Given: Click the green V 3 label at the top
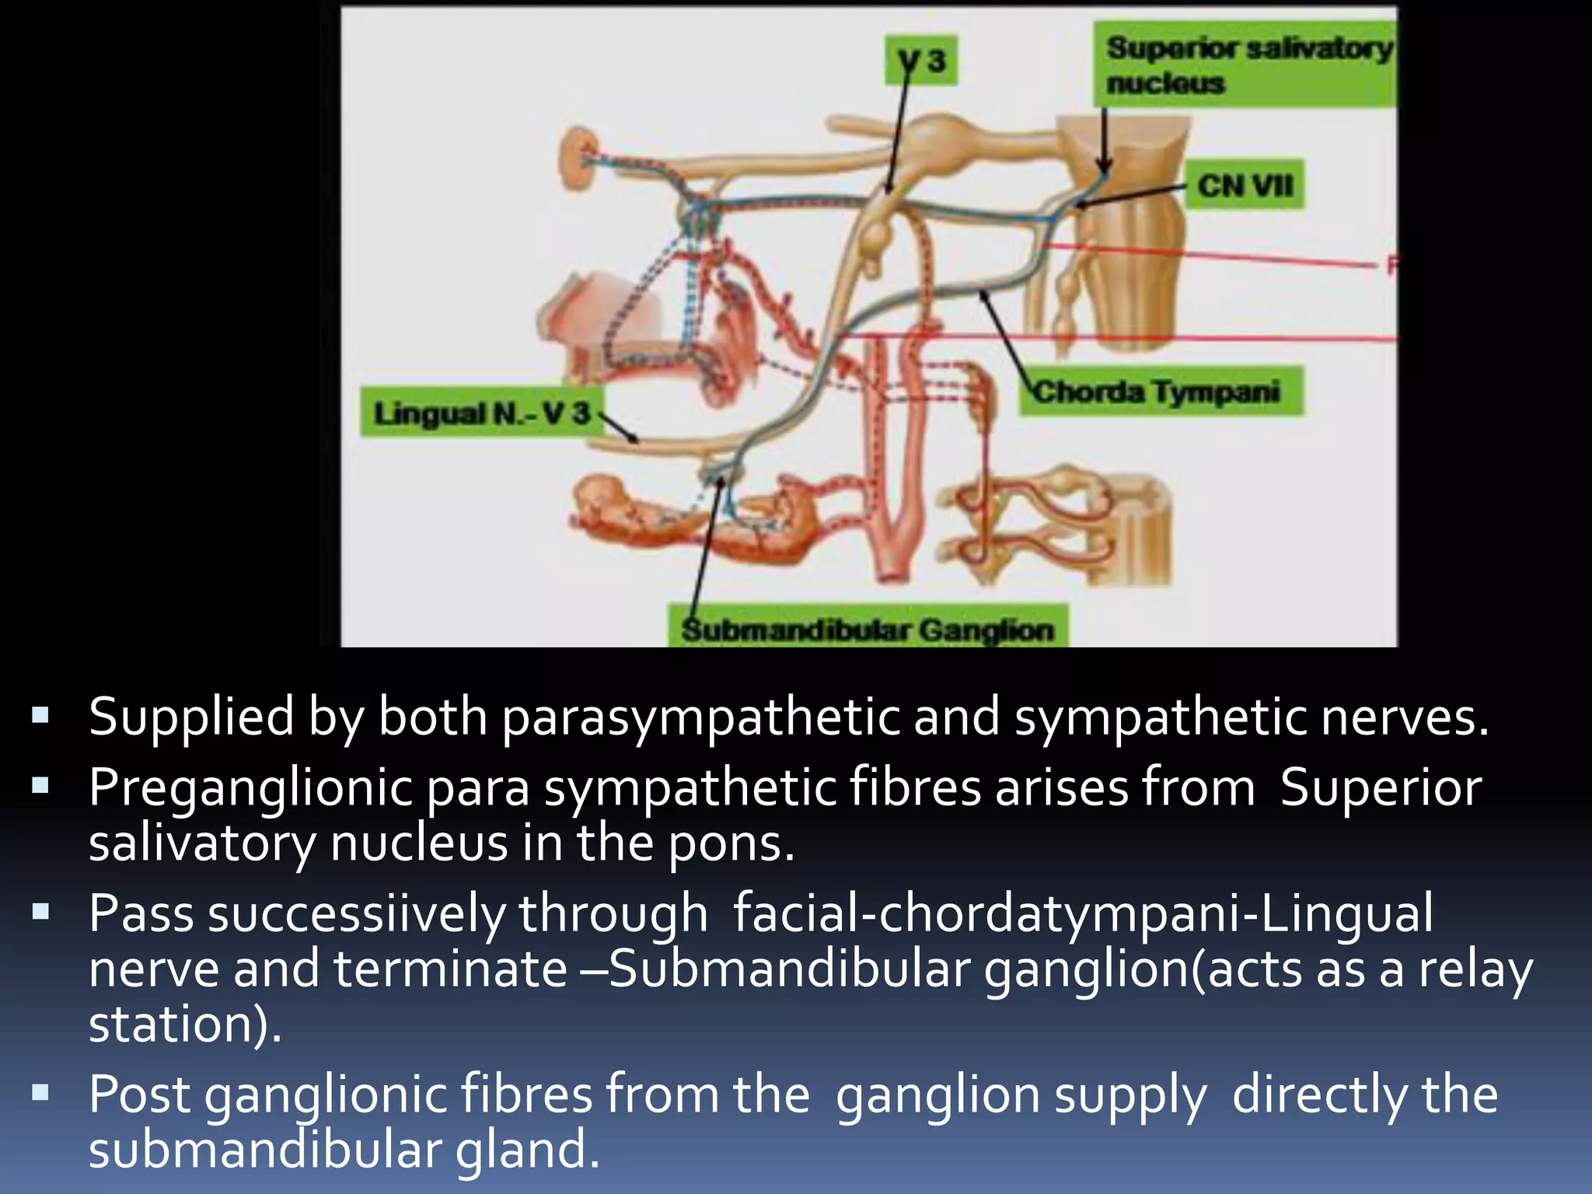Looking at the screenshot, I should pyautogui.click(x=921, y=61).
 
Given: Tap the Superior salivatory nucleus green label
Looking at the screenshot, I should pyautogui.click(x=1246, y=65).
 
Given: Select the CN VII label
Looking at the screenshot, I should pyautogui.click(x=1245, y=186).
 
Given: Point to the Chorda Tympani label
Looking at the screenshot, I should pyautogui.click(x=1158, y=392).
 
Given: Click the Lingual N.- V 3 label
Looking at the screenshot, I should pyautogui.click(x=482, y=413).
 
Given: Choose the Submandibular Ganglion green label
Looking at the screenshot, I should pyautogui.click(x=868, y=629).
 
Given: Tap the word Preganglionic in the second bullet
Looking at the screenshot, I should pyautogui.click(x=250, y=788).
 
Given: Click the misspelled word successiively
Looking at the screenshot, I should pyautogui.click(x=356, y=913).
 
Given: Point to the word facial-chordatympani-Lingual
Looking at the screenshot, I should pyautogui.click(x=1083, y=913).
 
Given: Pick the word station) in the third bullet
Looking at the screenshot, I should pyautogui.click(x=185, y=1025).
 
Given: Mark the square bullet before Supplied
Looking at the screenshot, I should pyautogui.click(x=41, y=714).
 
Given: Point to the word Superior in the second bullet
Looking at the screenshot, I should pyautogui.click(x=1381, y=788).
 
